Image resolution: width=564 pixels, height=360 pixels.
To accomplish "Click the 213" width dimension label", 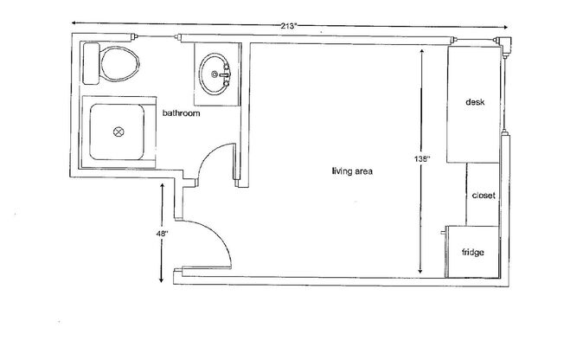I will pos(290,26).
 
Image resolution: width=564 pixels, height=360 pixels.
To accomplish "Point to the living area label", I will pos(351,171).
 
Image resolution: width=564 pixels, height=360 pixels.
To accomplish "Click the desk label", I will pos(474,102).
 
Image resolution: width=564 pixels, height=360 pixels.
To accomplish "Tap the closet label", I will pos(483,196).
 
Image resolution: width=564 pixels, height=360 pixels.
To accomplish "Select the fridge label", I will pos(472,253).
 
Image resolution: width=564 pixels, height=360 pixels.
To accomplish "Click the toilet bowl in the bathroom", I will pos(119,62).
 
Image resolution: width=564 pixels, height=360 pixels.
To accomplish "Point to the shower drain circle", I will pos(119,133).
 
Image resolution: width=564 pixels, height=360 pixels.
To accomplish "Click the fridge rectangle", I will pos(472,251).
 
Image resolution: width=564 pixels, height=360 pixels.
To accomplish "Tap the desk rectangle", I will pos(473,104).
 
